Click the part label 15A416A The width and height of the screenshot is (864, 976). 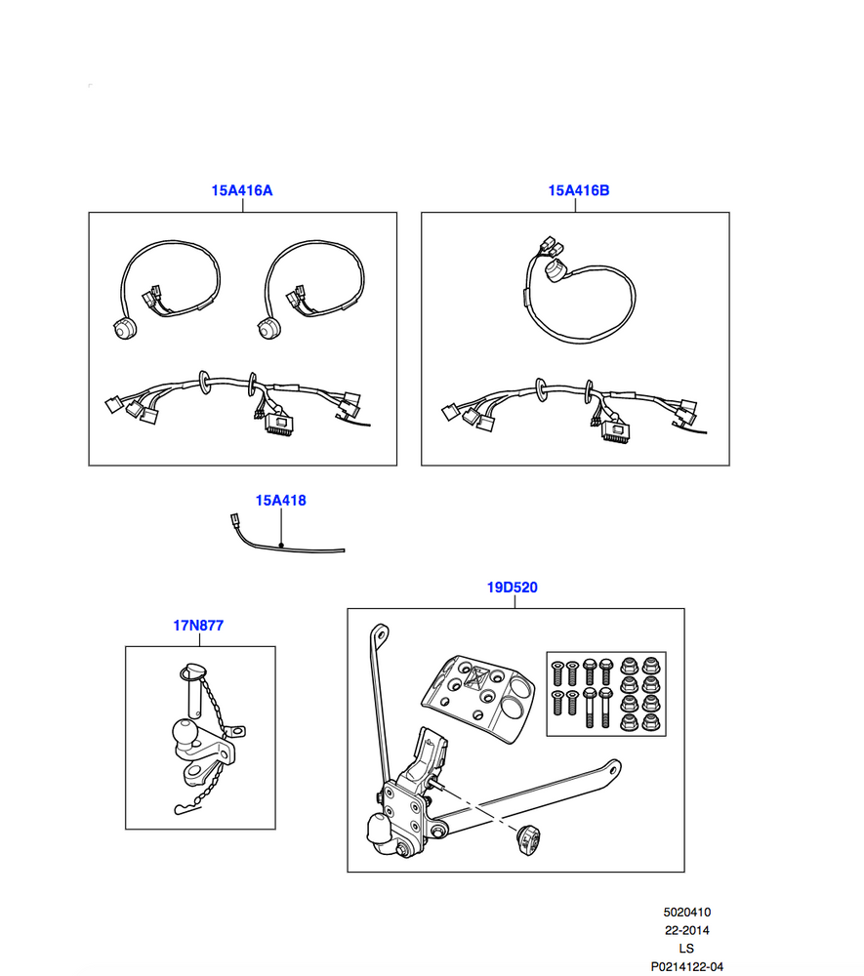pos(241,190)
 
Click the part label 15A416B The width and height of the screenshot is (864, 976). pos(578,190)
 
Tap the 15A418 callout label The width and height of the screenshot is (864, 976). pos(281,501)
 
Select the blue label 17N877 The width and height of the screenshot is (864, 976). pos(198,626)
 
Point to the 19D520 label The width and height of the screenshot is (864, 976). pos(512,588)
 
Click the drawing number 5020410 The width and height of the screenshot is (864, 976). pos(686,913)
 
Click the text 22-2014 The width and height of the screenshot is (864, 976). pos(686,930)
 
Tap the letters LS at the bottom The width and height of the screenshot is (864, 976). pos(686,949)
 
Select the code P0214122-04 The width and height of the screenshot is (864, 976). pos(686,966)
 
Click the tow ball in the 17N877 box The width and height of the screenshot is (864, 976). pos(185,732)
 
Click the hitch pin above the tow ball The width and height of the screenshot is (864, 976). pos(192,691)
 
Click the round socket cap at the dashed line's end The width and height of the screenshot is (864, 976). pos(528,839)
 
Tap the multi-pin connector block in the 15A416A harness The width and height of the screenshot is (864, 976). pos(280,424)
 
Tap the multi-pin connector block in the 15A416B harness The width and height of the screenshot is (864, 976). pos(615,429)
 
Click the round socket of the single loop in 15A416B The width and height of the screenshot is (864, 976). pos(553,270)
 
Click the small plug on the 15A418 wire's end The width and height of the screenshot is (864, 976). pos(234,519)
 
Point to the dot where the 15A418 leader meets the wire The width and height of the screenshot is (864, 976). pos(281,546)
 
